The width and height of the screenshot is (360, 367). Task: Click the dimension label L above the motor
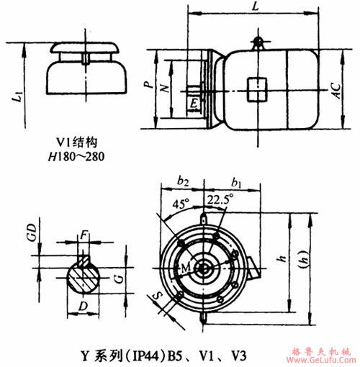[256, 6]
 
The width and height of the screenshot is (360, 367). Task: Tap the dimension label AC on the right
[334, 89]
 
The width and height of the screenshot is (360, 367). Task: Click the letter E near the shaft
[194, 104]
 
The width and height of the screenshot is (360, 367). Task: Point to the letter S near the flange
[156, 295]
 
